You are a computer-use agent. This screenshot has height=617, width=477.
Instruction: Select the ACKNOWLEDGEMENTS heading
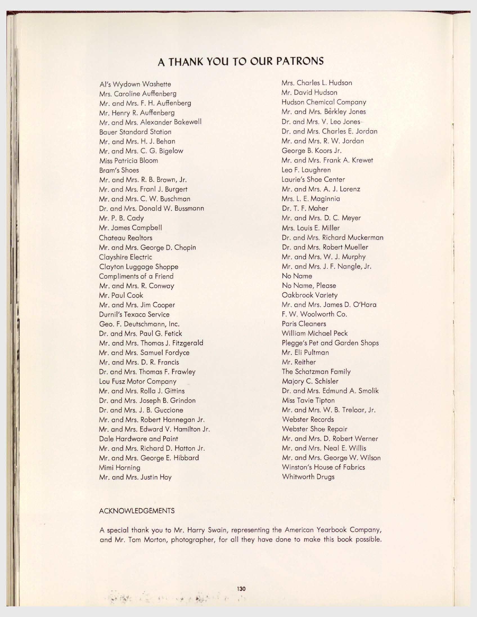pos(137,511)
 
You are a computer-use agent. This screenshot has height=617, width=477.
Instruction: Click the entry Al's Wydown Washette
pos(135,84)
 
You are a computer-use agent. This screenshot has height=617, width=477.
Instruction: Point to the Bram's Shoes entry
pos(119,170)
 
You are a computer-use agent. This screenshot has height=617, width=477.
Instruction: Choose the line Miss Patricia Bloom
pos(129,161)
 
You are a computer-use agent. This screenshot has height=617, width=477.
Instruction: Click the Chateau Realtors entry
pos(126,238)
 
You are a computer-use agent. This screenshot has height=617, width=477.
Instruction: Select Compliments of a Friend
pos(136,276)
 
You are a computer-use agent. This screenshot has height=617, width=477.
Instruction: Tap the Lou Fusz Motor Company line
pos(138,381)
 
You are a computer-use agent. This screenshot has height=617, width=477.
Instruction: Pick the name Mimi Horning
pos(120,468)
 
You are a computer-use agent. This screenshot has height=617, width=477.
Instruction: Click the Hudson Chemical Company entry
pos(324,102)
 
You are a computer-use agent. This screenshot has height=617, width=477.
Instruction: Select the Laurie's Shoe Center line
pos(313,179)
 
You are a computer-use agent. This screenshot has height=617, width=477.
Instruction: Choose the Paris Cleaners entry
pos(304,324)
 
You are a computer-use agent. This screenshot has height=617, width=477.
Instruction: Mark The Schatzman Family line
pos(316,372)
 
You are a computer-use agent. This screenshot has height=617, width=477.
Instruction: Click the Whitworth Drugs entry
pos(308,477)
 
